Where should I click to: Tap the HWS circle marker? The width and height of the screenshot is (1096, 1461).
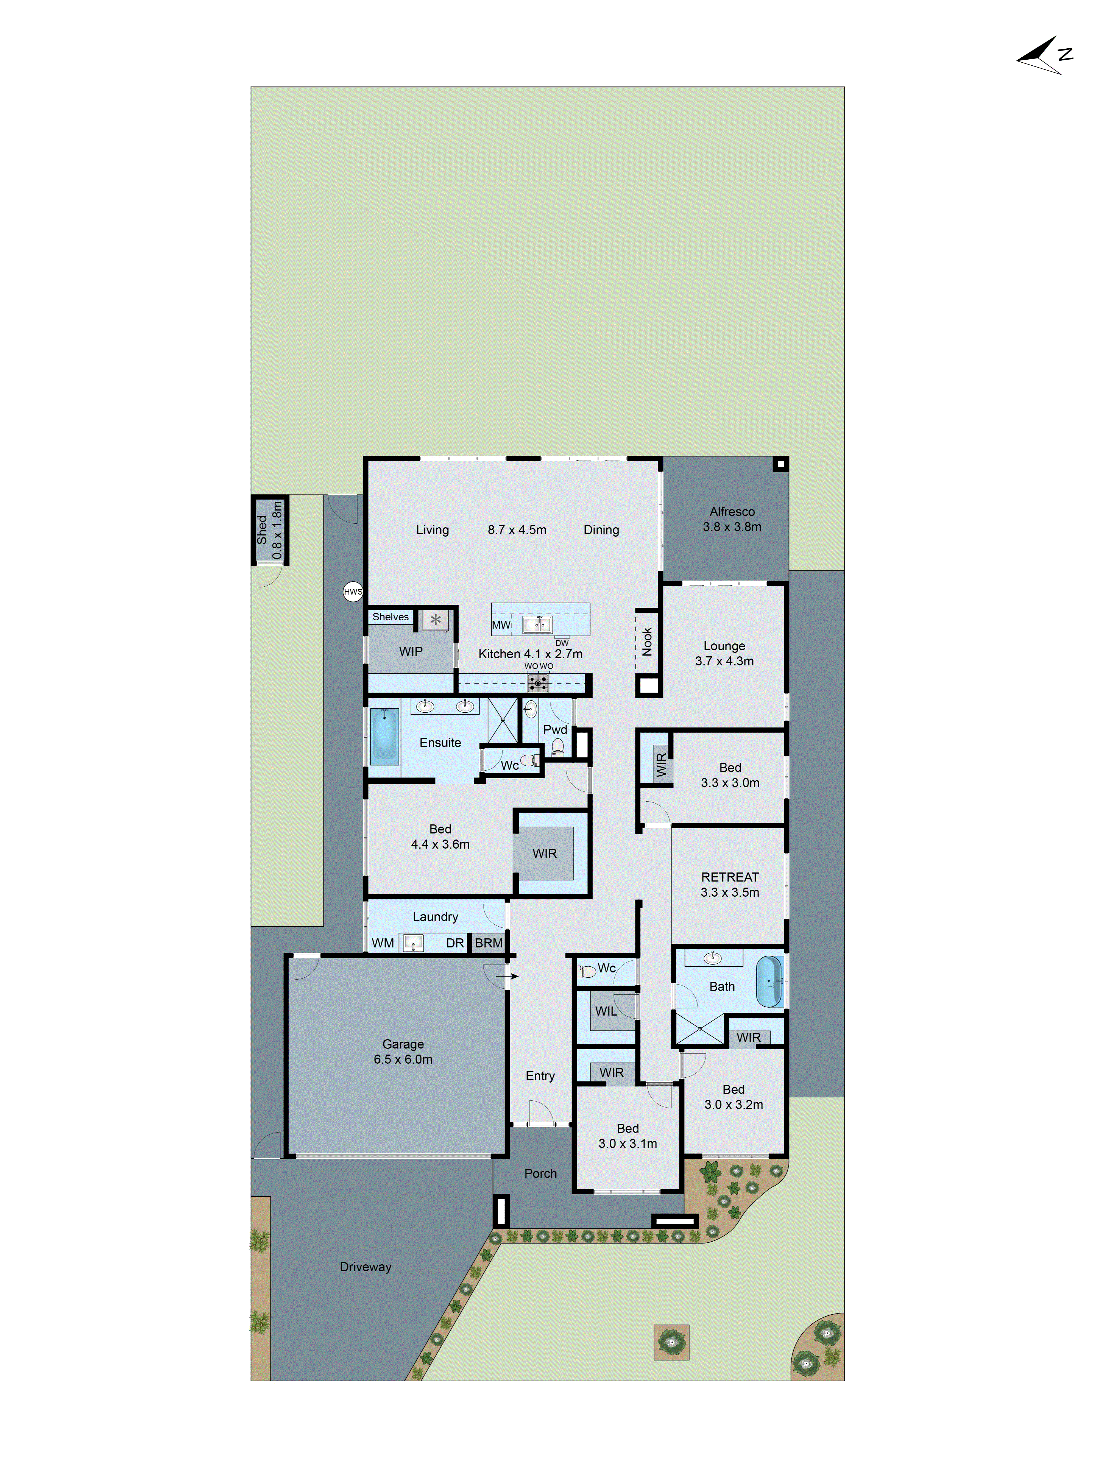[353, 592]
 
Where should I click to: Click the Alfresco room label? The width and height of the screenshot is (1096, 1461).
[732, 512]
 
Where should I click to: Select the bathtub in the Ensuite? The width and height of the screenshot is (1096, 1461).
[384, 734]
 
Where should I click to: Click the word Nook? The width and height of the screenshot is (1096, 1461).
[647, 641]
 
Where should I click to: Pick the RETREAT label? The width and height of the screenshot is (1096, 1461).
[729, 877]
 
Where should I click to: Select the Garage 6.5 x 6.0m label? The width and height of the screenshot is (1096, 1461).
[403, 1052]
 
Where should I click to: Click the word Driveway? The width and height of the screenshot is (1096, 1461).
[365, 1267]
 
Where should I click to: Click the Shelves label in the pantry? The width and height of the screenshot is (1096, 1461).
[391, 617]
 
